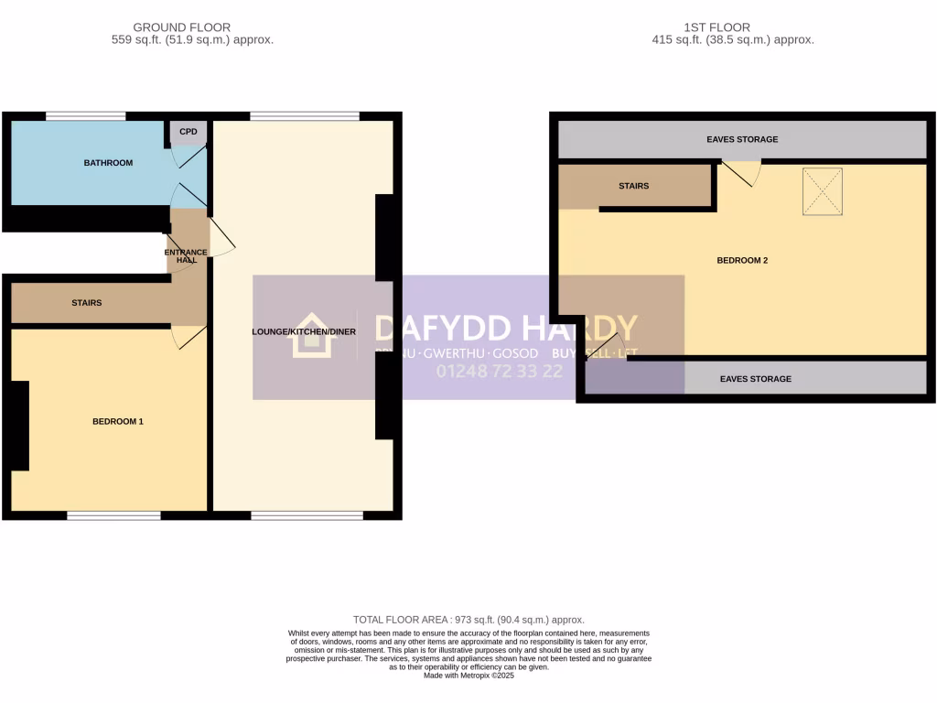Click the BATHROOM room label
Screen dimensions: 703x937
click(108, 163)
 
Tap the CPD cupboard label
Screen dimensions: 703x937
click(188, 132)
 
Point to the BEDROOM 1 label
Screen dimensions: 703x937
click(117, 422)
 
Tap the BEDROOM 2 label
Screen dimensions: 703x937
click(741, 260)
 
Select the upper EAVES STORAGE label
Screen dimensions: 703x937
click(742, 140)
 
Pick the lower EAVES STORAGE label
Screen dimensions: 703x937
click(755, 379)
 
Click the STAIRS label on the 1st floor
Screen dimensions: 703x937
click(633, 186)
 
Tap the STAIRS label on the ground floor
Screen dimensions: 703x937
click(86, 303)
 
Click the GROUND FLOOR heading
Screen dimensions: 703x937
click(181, 27)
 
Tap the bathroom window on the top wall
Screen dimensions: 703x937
click(86, 116)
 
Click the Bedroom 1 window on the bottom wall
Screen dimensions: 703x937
click(113, 515)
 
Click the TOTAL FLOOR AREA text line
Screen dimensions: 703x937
click(468, 620)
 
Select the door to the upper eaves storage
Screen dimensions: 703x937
click(741, 171)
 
